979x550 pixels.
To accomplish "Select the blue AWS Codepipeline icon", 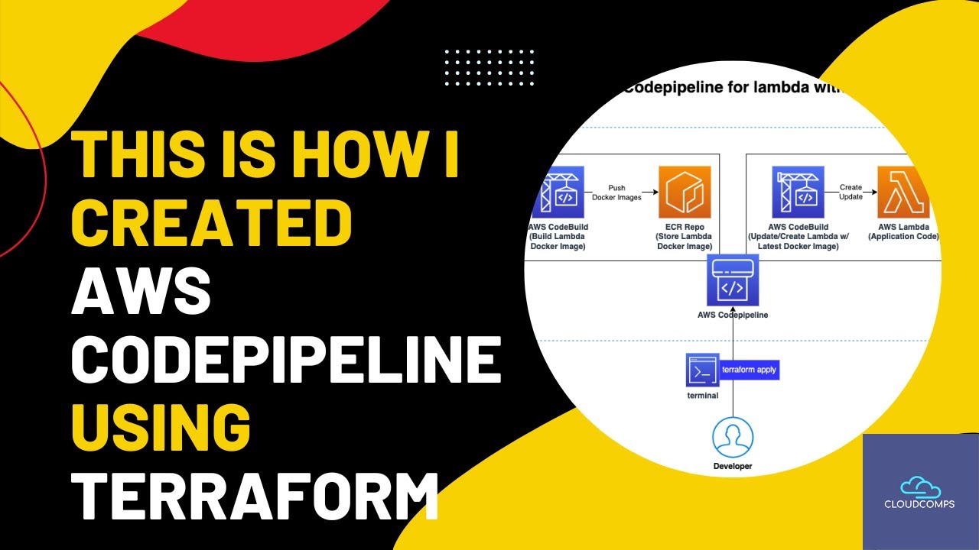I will coord(732,280).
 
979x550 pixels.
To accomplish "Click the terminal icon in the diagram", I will coord(702,371).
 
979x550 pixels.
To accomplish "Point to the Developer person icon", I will coord(732,437).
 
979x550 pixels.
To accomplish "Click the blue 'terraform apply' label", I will coord(750,370).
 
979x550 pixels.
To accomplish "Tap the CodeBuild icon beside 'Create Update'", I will coord(798,193).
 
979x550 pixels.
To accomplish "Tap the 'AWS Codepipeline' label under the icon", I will coord(732,315).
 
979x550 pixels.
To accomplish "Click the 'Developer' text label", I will coord(732,466).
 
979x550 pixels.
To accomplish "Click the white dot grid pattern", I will coord(489,67).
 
